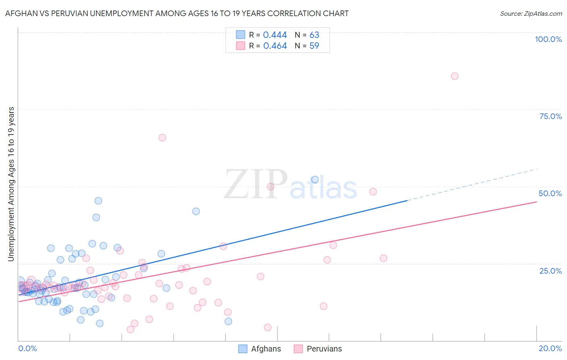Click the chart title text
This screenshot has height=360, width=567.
177,13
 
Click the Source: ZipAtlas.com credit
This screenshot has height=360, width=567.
531,13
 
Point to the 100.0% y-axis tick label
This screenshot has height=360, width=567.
548,39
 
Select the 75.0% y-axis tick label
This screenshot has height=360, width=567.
550,116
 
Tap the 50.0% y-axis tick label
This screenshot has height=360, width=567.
550,193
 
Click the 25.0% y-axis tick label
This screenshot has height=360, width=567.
550,270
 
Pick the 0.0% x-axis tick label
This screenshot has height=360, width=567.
27,348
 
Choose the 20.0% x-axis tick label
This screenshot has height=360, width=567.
550,348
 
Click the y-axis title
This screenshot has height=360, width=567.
11,184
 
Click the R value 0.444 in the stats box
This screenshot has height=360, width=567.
275,35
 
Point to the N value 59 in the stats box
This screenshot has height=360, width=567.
314,46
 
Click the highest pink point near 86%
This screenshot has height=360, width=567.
454,76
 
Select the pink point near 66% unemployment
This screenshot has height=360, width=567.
162,138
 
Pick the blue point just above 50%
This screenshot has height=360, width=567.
315,180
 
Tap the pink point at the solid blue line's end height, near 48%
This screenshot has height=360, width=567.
373,192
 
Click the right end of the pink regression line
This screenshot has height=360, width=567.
536,201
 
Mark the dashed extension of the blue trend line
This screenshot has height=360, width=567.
472,184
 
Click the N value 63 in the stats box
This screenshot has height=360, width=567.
314,35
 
